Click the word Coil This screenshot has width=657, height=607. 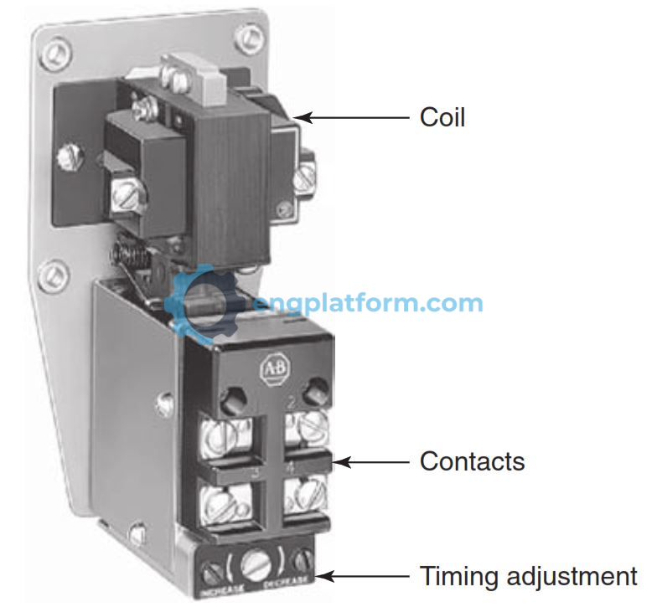442,116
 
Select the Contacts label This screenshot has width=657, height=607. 472,461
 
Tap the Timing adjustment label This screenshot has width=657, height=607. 528,576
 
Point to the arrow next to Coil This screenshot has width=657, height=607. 351,117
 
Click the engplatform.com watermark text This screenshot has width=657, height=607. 369,303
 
